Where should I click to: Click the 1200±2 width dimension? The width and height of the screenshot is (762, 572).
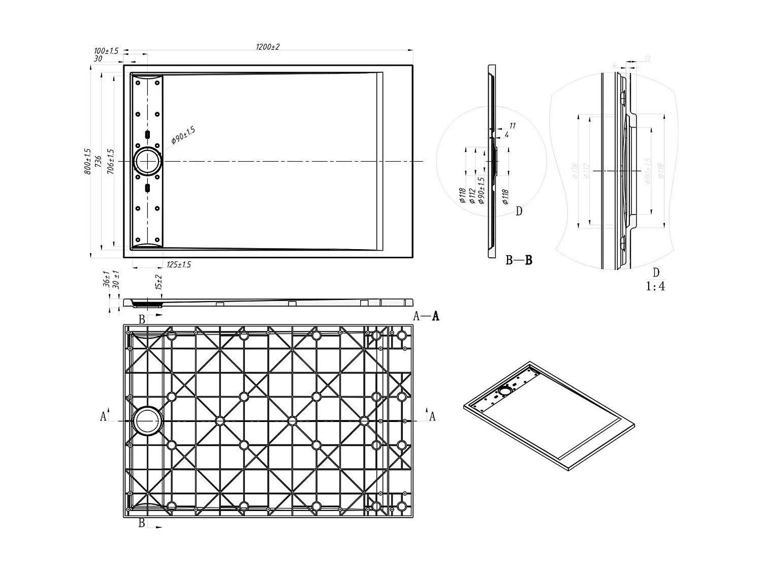268,47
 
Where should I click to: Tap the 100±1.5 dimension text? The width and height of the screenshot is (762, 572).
106,51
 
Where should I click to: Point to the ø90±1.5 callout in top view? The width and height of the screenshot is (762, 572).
183,136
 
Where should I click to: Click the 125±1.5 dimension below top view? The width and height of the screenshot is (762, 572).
179,264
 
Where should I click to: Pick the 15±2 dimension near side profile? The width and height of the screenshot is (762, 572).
159,282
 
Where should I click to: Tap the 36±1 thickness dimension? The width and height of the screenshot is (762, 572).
106,280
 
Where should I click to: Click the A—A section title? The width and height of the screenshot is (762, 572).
426,316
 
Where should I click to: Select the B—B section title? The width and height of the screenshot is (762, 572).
519,260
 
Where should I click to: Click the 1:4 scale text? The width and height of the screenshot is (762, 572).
655,286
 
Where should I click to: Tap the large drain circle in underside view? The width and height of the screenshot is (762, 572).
147,421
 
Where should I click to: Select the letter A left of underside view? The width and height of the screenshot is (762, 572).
104,416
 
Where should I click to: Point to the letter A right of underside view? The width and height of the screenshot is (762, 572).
432,416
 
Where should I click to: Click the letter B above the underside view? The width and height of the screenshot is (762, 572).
142,319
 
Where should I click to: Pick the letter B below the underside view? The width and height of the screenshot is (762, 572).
142,523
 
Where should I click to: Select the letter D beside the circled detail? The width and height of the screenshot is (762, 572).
519,211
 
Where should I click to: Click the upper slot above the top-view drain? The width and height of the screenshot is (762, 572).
147,134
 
